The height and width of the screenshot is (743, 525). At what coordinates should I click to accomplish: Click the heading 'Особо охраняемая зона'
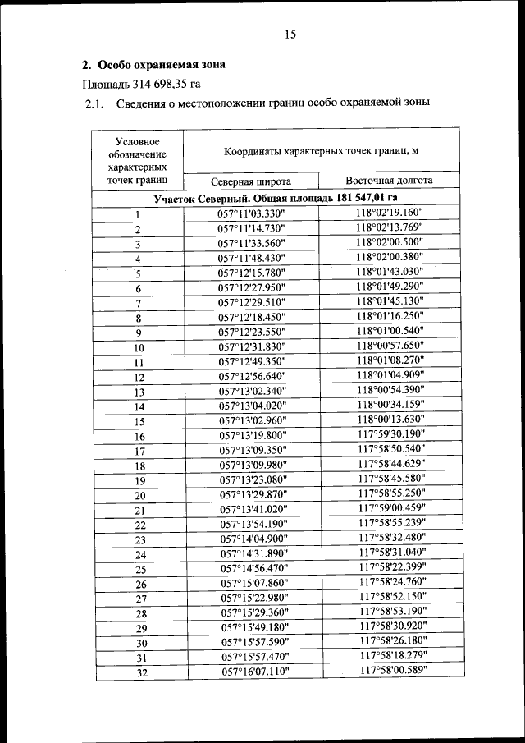(161, 64)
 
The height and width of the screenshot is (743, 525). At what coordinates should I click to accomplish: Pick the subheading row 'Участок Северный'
(276, 199)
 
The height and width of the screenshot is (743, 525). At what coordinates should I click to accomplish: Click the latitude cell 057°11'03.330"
(252, 214)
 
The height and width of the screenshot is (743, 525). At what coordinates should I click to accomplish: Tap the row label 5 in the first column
(138, 273)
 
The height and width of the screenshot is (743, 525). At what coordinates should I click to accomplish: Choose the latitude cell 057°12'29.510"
(252, 303)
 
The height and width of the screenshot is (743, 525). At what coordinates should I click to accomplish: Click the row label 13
(139, 392)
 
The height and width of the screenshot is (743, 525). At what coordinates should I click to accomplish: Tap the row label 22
(140, 525)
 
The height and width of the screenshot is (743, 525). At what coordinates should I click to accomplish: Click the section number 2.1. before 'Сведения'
(94, 104)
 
